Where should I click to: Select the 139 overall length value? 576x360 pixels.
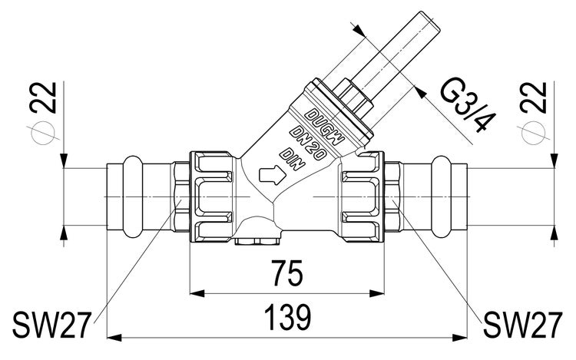287,317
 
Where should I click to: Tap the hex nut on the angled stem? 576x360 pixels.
354,98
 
